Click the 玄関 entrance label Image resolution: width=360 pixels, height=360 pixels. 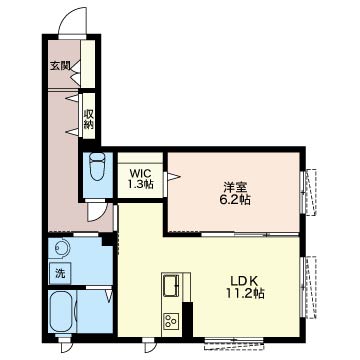coord(60,66)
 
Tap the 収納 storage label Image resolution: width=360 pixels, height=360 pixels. coord(88,119)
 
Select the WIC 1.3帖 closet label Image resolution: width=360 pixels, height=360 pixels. coord(141,179)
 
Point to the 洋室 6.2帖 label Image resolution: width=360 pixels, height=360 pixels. coord(235,193)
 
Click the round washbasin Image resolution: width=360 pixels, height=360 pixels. coord(62,248)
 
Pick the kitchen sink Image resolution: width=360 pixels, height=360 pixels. coord(170,286)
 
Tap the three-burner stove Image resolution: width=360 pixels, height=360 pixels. coord(170,321)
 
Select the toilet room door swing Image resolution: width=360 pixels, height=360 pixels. coord(97,211)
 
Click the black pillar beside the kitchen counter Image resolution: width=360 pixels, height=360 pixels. coord(188,320)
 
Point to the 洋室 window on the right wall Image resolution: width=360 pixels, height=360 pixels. coord(308,192)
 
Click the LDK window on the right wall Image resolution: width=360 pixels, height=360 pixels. coord(308,287)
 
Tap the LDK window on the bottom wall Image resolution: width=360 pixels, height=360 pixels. coord(234,343)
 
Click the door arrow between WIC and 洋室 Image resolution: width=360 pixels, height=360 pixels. coord(173,176)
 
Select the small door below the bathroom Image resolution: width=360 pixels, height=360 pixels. coord(65,346)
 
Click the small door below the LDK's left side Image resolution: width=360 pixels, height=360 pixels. coord(149,346)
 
